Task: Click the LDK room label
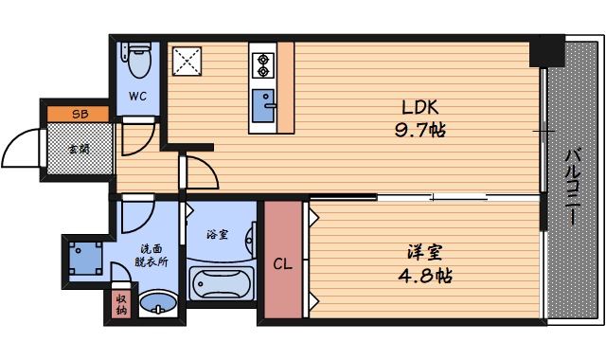coord(418,107)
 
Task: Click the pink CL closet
coord(282,262)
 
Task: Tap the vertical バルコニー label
coord(573,185)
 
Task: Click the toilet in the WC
coord(138,63)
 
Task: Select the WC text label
coord(138,96)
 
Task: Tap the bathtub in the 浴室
coord(223,283)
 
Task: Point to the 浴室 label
coord(218,233)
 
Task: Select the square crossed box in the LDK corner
coord(187,61)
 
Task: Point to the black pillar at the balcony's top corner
coord(544,51)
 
